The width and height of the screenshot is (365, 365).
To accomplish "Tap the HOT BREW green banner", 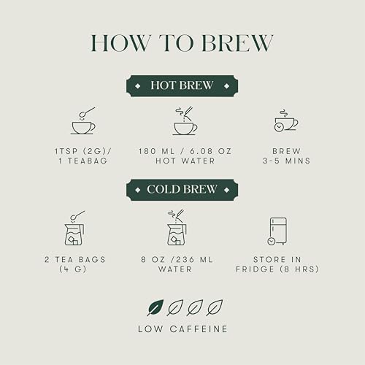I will coord(182,85).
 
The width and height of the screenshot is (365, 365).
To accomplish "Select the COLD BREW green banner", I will coord(182,191).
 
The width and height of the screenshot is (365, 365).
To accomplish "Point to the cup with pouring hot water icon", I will coord(184,122).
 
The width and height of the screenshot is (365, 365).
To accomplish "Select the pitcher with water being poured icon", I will coord(177,228).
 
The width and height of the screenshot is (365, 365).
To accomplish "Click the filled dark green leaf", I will coord(155,307).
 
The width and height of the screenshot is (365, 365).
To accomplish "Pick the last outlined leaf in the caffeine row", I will coord(215,307).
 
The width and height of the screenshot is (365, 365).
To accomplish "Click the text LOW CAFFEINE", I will coord(182,329).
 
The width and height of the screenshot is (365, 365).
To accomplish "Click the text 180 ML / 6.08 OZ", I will coord(185,151).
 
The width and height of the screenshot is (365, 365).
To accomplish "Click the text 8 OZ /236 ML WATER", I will coord(177,264).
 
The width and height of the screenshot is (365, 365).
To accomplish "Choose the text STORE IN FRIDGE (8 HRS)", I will coord(277,264).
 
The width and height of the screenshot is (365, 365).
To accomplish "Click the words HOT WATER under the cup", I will coord(185,161).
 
